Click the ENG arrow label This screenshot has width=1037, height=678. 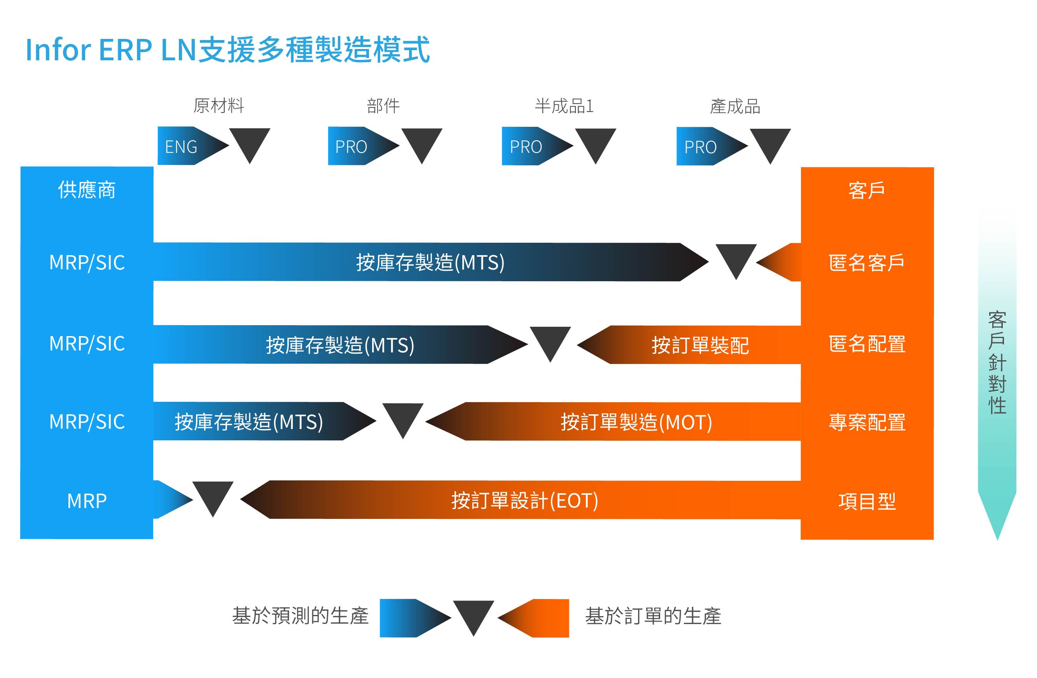(x=181, y=147)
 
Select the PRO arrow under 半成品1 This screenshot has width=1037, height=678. (x=537, y=146)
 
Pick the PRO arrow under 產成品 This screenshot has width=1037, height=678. (x=712, y=146)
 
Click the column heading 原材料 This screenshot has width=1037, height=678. (x=219, y=106)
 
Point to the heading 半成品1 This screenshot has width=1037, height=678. (x=564, y=106)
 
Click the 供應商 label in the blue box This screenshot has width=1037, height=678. (x=87, y=190)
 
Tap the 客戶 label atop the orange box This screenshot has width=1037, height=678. (x=867, y=191)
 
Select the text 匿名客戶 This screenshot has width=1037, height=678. (x=867, y=263)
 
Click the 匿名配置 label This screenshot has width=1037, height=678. (x=867, y=343)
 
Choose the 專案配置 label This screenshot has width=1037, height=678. (x=867, y=422)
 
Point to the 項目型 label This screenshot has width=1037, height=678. (x=867, y=501)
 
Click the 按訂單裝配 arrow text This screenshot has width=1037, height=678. (x=700, y=345)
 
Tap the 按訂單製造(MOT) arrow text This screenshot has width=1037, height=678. (x=637, y=422)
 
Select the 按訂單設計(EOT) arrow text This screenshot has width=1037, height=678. (x=525, y=501)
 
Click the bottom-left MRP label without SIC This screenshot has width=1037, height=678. (x=87, y=501)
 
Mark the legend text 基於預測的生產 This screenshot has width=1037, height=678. (x=301, y=616)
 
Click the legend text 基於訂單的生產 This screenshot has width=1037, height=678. (x=653, y=616)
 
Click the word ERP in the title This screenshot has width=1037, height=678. (x=126, y=50)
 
